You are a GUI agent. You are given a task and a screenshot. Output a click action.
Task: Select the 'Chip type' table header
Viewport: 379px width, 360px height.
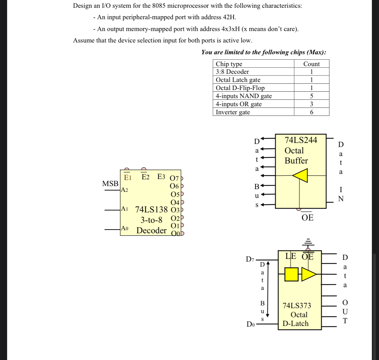click(229, 64)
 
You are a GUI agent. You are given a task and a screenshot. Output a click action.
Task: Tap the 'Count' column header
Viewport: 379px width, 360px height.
click(311, 64)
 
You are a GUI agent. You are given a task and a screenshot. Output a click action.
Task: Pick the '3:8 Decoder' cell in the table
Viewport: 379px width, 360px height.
click(232, 72)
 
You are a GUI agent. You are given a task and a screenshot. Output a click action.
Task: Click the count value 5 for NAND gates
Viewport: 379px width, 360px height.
click(311, 96)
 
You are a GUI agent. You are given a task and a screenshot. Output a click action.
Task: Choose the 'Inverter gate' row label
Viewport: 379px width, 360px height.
click(233, 112)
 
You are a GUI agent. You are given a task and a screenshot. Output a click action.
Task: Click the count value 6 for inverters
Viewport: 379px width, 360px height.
click(311, 112)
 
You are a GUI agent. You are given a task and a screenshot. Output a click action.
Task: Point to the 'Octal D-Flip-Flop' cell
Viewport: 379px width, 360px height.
click(240, 88)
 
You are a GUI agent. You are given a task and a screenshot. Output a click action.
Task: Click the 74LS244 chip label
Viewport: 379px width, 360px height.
click(301, 140)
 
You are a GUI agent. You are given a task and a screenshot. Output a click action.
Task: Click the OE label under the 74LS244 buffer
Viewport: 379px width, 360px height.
click(307, 218)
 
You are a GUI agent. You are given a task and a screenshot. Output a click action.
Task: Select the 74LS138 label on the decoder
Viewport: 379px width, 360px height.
click(151, 209)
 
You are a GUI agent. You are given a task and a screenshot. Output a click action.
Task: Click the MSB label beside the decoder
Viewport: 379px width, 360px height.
click(110, 184)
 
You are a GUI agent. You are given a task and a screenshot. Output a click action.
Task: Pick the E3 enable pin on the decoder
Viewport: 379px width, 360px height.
click(161, 177)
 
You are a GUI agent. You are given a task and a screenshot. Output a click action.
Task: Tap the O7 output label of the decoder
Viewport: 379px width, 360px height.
click(175, 178)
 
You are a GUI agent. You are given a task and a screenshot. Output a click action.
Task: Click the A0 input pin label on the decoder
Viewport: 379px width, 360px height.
click(125, 228)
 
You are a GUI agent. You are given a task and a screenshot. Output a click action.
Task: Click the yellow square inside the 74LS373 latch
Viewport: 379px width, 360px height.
click(291, 274)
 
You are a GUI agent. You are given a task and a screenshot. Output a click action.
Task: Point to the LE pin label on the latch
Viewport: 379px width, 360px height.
click(291, 256)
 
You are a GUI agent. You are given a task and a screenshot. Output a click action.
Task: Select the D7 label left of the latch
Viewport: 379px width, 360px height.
click(250, 259)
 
